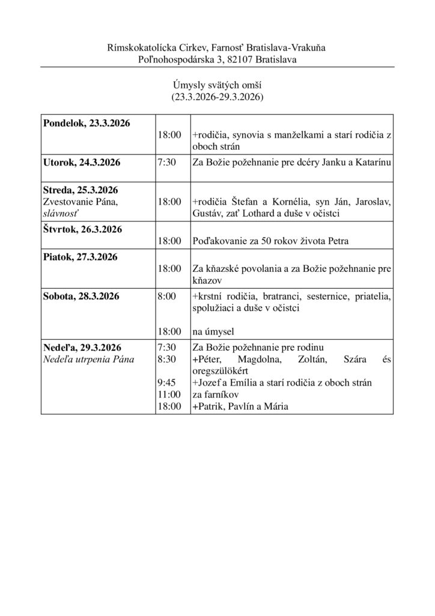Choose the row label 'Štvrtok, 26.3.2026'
coord(82,229)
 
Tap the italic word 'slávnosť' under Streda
coord(61,214)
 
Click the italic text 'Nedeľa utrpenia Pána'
coord(88,360)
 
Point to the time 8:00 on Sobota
coord(166,296)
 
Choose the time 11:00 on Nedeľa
coord(168,395)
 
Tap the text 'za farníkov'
coord(214,395)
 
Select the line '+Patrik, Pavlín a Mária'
coord(240,407)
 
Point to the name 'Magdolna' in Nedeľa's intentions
coord(256,360)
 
